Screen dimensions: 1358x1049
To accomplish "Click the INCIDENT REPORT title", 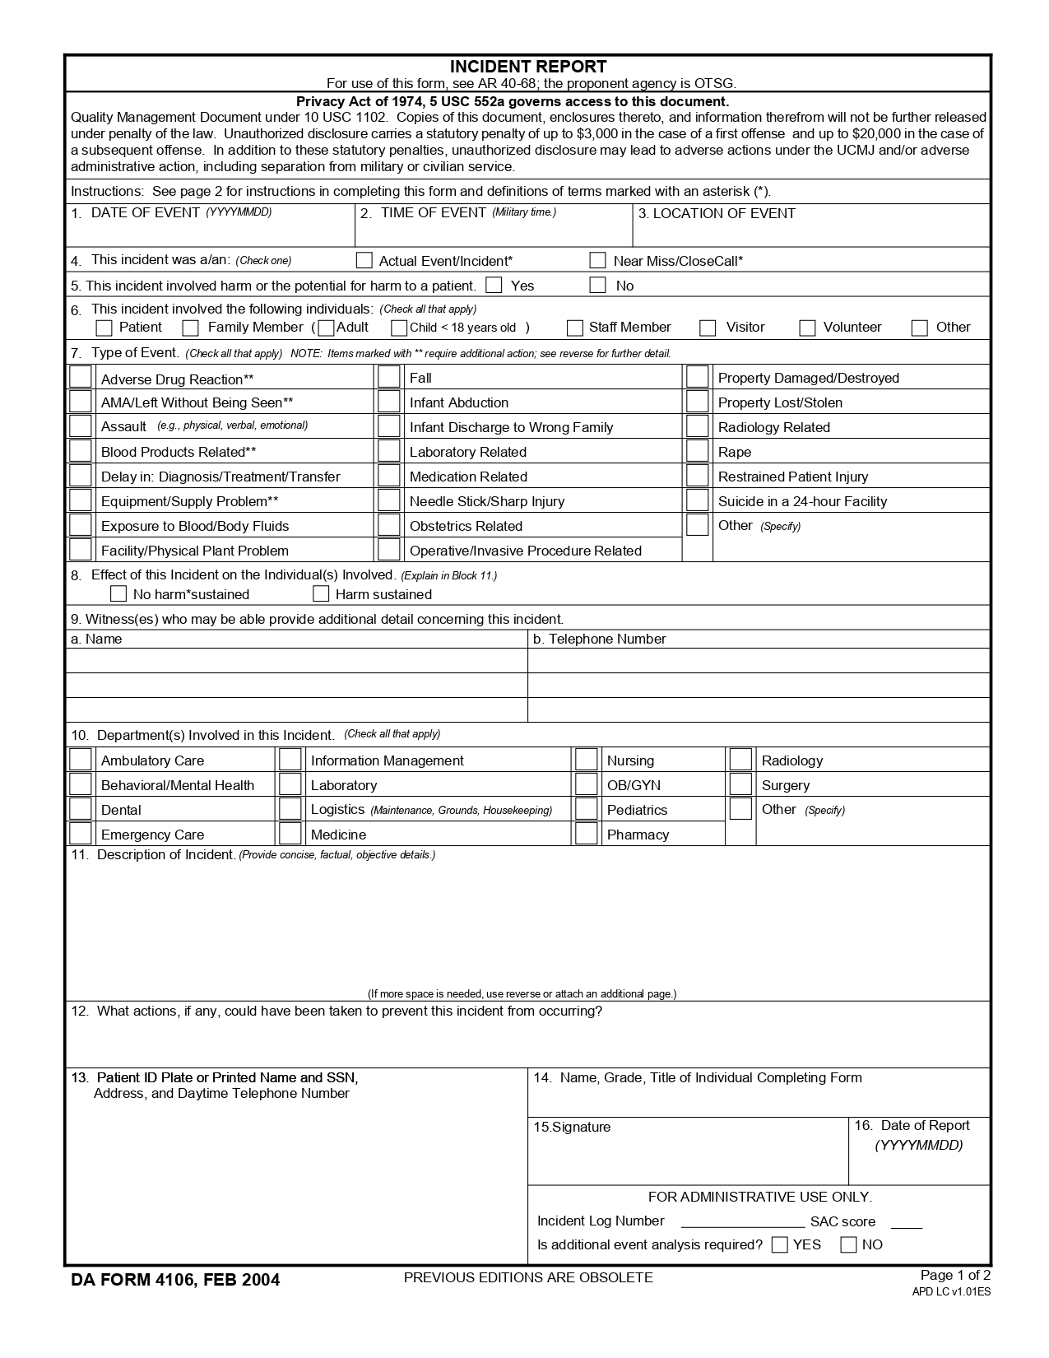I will pyautogui.click(x=528, y=67).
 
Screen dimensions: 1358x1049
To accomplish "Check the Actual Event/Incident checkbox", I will pyautogui.click(x=364, y=261).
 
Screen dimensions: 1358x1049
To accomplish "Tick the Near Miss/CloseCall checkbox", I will pyautogui.click(x=598, y=261).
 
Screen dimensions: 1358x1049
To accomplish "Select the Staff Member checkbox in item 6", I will pyautogui.click(x=575, y=328).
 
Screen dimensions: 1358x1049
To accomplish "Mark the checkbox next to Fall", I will pyautogui.click(x=389, y=378).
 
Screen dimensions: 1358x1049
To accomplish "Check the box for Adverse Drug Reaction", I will pyautogui.click(x=81, y=378).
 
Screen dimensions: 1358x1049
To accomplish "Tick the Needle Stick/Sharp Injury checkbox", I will pyautogui.click(x=389, y=500).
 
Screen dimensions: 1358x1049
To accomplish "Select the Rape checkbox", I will pyautogui.click(x=698, y=451).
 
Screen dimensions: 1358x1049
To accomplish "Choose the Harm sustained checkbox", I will pyautogui.click(x=322, y=594).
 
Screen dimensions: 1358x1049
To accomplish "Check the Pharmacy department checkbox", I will pyautogui.click(x=587, y=834).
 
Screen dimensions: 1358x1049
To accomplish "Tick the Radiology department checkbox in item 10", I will pyautogui.click(x=740, y=760).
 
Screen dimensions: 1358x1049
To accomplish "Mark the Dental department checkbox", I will pyautogui.click(x=81, y=809).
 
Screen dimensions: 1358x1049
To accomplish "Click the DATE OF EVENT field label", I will pyautogui.click(x=145, y=213).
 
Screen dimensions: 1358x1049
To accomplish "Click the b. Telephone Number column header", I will pyautogui.click(x=599, y=639).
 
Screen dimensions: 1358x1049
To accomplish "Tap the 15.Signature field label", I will pyautogui.click(x=573, y=1128).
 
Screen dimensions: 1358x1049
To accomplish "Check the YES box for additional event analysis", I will pyautogui.click(x=780, y=1245).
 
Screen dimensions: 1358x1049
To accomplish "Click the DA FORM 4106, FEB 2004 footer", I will pyautogui.click(x=175, y=1280).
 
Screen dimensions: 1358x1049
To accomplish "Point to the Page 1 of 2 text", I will pyautogui.click(x=955, y=1276).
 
